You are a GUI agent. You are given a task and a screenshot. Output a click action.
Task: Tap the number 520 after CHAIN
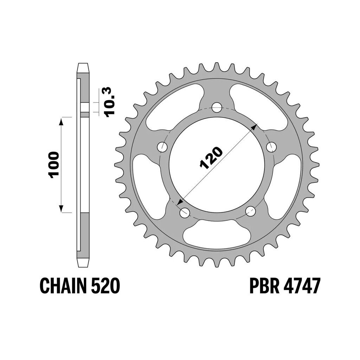pos(106,285)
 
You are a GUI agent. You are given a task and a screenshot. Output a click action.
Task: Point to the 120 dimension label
pos(211,157)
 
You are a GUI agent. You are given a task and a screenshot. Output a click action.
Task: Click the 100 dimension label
pos(53,165)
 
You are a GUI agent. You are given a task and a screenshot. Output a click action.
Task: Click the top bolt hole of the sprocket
pos(217,108)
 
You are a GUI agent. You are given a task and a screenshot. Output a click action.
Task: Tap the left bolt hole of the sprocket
pos(162,147)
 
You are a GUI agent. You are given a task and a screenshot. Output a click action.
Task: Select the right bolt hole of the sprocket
pos(272,147)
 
